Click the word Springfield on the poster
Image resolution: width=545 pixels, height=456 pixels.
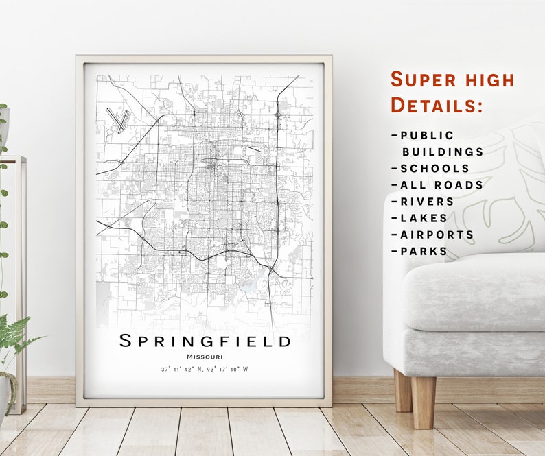pos(205,341)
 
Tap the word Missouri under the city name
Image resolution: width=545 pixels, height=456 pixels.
pos(204,356)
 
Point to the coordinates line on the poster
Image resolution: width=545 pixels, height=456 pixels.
pos(205,369)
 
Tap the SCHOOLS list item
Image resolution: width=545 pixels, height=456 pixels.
pos(434,168)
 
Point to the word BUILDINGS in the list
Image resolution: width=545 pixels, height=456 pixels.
pos(443,152)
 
